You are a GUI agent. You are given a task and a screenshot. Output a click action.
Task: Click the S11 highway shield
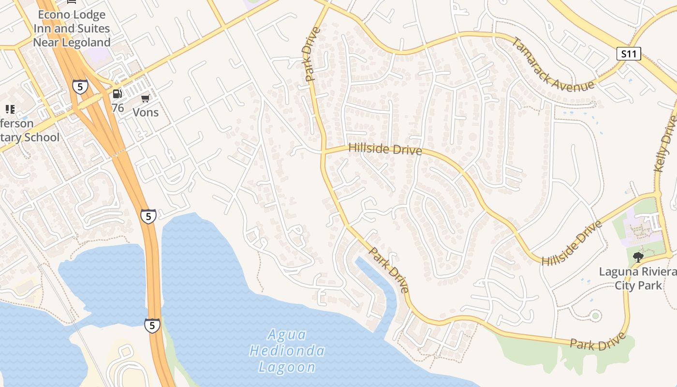(x=629, y=54)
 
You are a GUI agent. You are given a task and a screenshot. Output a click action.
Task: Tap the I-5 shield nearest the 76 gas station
(x=80, y=87)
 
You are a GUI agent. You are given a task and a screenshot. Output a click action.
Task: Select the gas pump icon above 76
(x=117, y=94)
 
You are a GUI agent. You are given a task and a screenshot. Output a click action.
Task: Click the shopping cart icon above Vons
(x=145, y=99)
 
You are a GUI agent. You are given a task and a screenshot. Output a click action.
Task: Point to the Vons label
(x=146, y=112)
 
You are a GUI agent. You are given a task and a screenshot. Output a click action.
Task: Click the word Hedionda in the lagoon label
(x=287, y=350)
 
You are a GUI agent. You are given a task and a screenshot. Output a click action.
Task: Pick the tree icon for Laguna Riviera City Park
(x=638, y=257)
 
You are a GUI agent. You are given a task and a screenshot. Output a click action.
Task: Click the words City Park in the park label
(x=638, y=285)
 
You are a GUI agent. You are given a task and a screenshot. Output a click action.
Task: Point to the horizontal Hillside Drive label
(x=385, y=149)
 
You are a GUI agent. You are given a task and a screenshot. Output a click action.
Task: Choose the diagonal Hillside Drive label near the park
(x=572, y=243)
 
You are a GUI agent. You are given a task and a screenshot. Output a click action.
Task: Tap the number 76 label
(x=118, y=108)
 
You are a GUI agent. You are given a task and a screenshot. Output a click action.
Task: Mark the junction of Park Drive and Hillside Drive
(x=323, y=151)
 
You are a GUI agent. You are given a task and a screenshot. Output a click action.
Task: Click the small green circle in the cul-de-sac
(x=595, y=316)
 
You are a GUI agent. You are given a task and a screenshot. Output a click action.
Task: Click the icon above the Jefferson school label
(x=10, y=109)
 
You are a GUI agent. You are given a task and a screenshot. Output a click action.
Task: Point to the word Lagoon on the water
(x=287, y=367)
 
